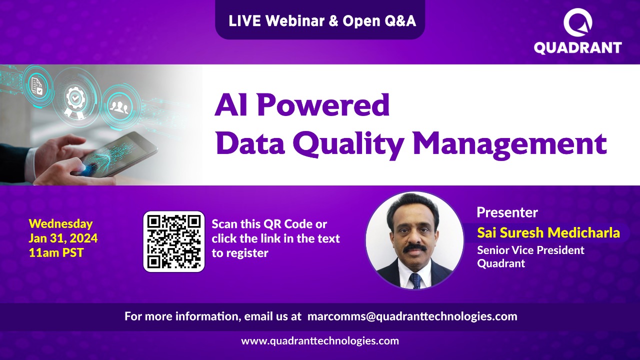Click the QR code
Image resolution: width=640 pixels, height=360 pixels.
coord(174,241)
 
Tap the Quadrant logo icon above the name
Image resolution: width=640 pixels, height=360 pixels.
coord(577,23)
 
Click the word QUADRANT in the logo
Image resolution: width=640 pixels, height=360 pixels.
coord(577,48)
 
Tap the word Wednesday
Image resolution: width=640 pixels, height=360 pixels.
coord(60,223)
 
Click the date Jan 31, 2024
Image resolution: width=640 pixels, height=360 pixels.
coord(63,238)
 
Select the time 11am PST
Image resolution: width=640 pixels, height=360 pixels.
coord(56,252)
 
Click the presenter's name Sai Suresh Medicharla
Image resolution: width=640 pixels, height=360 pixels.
coord(548,232)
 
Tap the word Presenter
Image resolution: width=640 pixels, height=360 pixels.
coord(507,212)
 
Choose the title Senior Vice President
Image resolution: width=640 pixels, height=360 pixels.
coord(530,250)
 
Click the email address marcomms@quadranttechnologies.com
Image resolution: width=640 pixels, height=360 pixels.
coord(412,316)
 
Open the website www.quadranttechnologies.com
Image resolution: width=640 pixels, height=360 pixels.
coord(320,341)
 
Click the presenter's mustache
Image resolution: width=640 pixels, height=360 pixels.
coord(414,248)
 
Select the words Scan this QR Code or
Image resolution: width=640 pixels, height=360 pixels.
coord(269,224)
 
